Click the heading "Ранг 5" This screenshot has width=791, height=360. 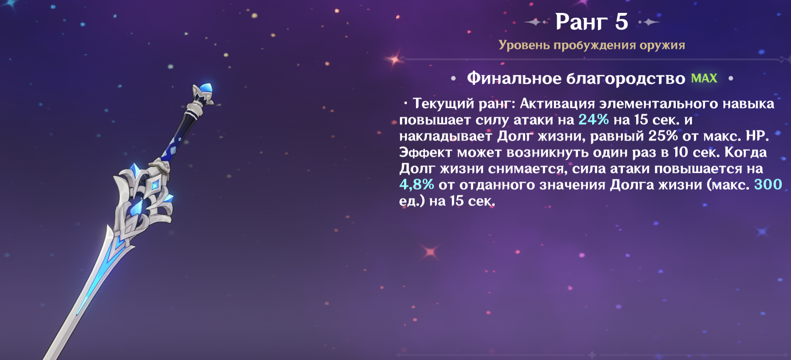[x=592, y=22]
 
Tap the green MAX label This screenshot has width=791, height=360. [x=704, y=78]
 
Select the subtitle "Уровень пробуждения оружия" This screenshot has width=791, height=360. [x=592, y=45]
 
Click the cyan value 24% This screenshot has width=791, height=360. [x=594, y=120]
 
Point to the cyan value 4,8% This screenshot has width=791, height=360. [x=417, y=185]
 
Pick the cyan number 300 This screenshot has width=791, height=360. [x=768, y=184]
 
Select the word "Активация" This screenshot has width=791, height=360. [x=558, y=104]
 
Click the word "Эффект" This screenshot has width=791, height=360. [x=426, y=152]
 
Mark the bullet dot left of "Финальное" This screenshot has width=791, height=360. [x=453, y=78]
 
